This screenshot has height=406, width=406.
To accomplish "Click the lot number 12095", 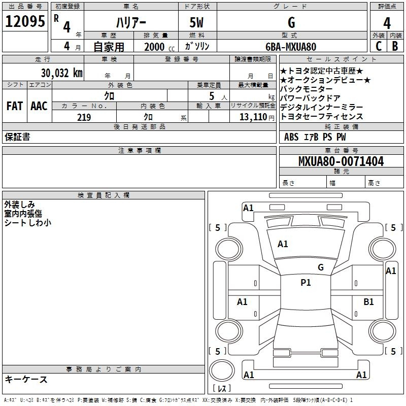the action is click(25, 21).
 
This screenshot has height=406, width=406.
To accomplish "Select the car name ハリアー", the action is click(131, 23).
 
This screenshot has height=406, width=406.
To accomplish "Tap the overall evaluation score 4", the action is click(387, 23).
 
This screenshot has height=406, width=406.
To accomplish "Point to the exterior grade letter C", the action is click(379, 46).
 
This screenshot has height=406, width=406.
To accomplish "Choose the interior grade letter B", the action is click(395, 46).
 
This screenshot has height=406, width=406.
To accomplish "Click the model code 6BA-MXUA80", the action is click(291, 47).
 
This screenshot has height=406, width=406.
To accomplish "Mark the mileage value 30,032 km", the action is click(62, 73).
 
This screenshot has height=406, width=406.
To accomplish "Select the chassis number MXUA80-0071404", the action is click(341, 161).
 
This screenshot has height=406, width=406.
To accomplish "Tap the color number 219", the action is click(84, 117).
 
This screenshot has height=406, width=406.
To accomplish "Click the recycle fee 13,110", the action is click(253, 117).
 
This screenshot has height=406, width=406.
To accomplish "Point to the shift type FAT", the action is click(15, 106).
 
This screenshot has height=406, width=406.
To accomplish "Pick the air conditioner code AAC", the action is click(39, 106).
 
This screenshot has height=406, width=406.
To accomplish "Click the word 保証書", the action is click(17, 137).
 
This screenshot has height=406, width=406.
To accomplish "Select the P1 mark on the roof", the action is click(306, 283).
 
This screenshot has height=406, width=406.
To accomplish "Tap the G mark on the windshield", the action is click(321, 267).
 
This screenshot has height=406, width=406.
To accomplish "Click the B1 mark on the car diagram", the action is click(368, 302).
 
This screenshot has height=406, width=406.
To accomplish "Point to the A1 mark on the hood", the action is click(283, 244).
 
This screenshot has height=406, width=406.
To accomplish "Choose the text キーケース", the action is click(26, 379).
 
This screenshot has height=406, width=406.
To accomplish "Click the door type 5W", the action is click(196, 23).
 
